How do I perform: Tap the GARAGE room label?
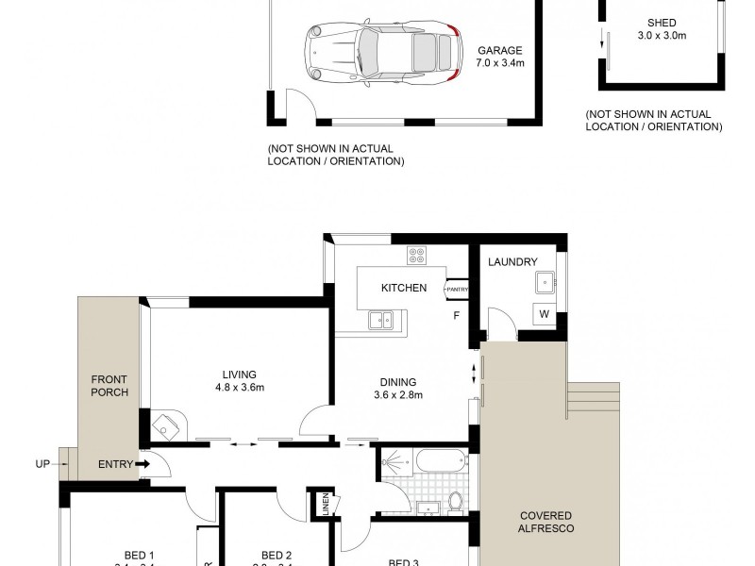coord(500,51)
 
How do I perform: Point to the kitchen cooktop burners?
coord(417,256)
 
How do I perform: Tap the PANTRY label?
coord(458,289)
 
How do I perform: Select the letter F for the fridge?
coord(456,315)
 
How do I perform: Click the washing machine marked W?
coord(545,314)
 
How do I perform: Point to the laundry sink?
coord(545,280)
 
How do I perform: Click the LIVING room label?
coord(234,374)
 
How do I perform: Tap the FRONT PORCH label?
coord(109,386)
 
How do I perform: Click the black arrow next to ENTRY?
coord(142,464)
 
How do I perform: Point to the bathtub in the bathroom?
coord(441,463)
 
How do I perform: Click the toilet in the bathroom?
coord(454,502)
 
